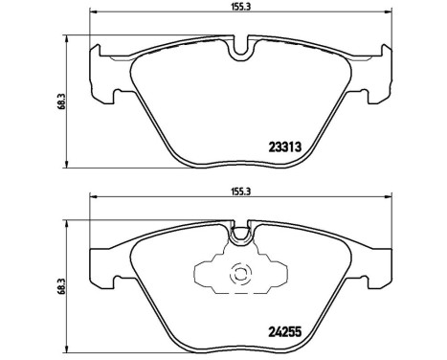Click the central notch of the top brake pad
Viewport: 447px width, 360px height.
point(240,46)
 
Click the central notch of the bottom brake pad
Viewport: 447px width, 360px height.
point(240,231)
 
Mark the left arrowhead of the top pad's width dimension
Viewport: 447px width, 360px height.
point(92,14)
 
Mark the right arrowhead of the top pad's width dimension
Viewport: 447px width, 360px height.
point(388,14)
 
